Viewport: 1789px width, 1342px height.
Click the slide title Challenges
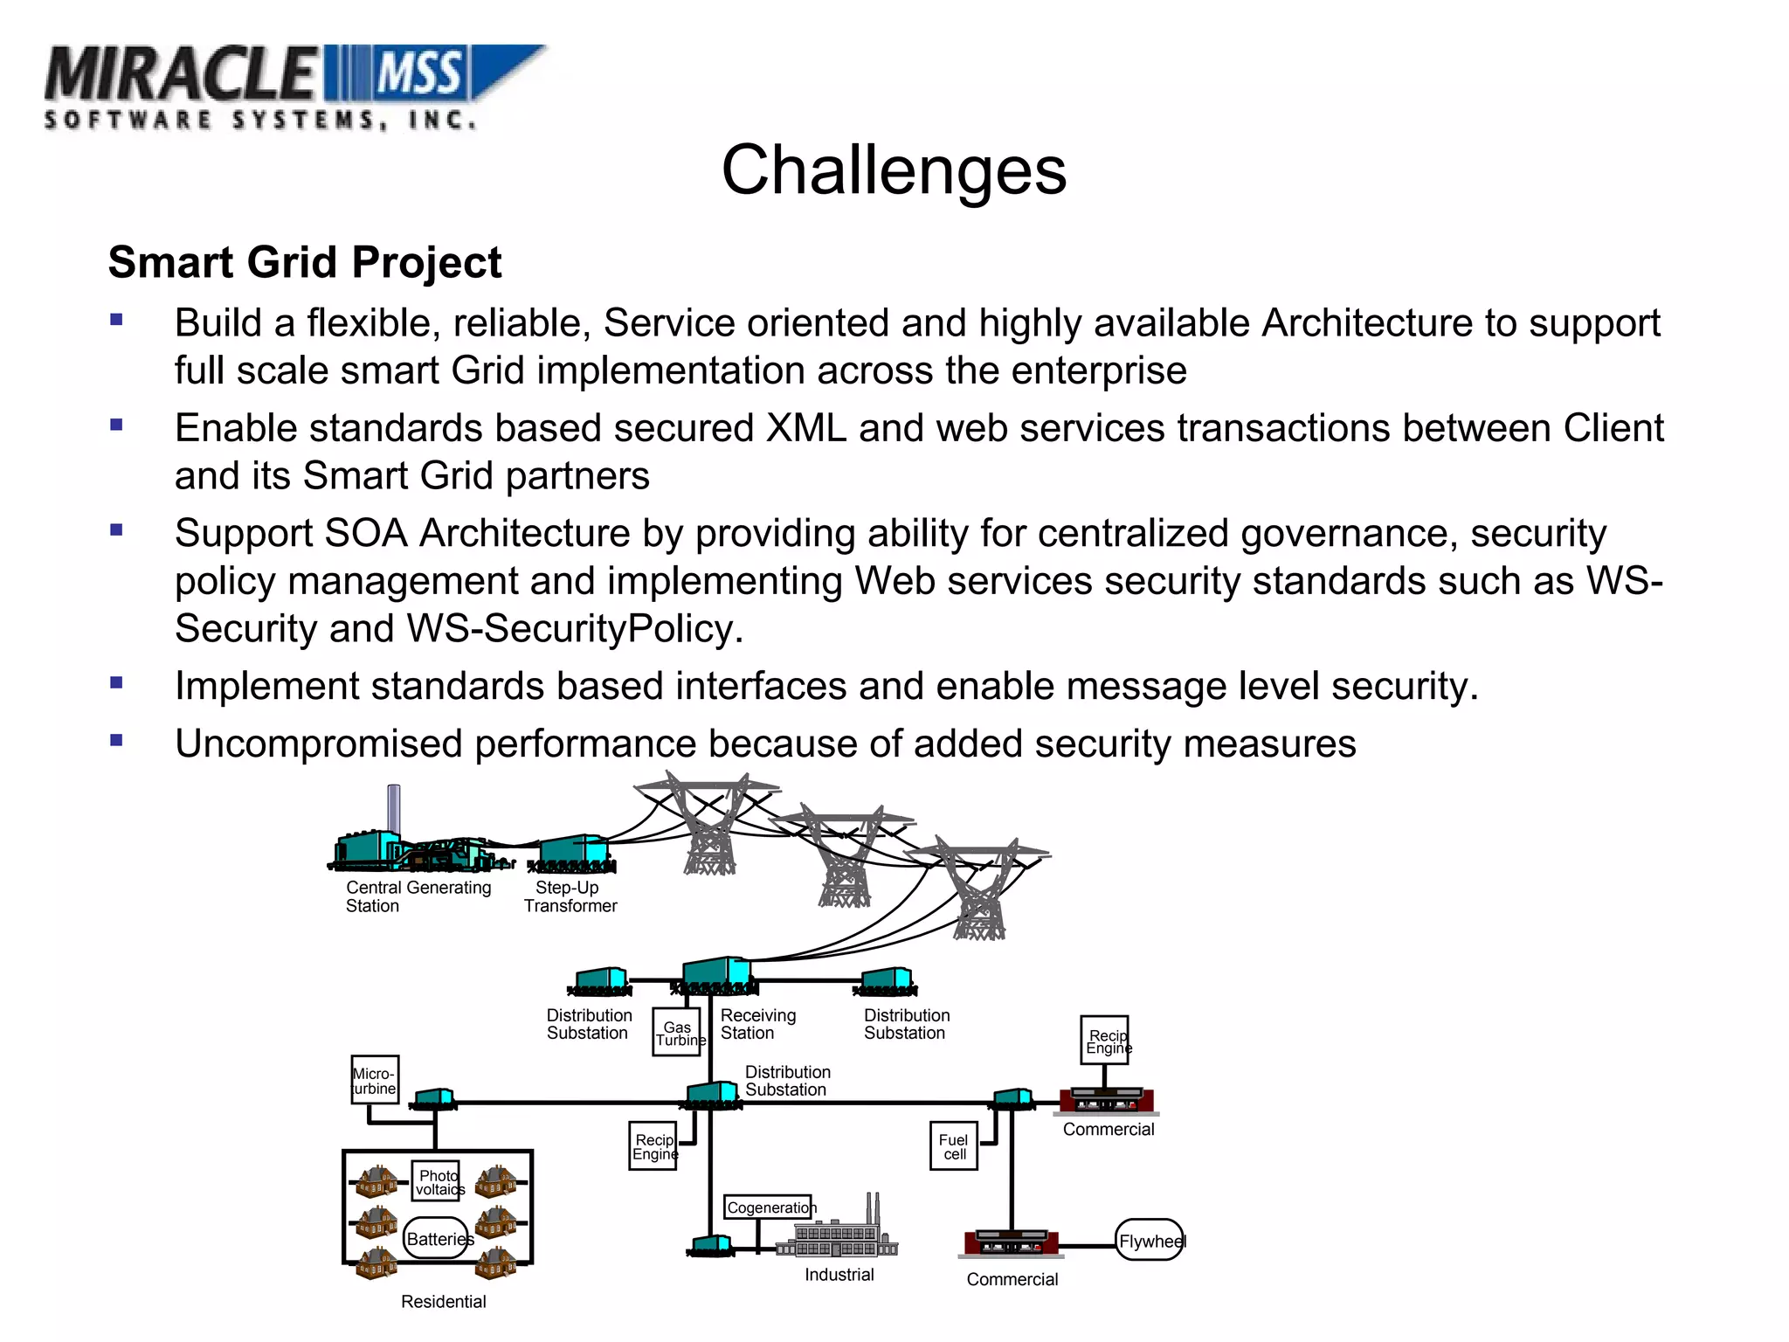tap(893, 169)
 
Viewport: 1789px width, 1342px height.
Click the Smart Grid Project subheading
tap(305, 262)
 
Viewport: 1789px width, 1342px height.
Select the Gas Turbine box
tap(677, 1033)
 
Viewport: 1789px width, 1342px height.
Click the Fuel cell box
tap(953, 1146)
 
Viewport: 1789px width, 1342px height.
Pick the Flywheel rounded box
tap(1150, 1240)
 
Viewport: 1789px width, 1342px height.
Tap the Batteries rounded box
tap(437, 1238)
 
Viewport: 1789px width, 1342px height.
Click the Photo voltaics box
tap(436, 1181)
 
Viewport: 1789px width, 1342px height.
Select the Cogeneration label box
tap(768, 1207)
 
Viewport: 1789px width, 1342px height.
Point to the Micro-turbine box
tap(375, 1080)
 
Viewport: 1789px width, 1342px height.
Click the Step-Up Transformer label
tap(570, 896)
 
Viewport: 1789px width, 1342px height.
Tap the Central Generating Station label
tap(418, 896)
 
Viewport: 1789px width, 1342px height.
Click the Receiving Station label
tap(757, 1024)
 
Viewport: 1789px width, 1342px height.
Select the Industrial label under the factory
tap(839, 1275)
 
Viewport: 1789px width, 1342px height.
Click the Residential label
tap(443, 1301)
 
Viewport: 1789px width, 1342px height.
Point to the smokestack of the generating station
tap(394, 808)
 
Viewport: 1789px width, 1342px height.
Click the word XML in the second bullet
tap(805, 429)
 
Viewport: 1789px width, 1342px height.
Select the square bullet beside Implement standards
tap(116, 682)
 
